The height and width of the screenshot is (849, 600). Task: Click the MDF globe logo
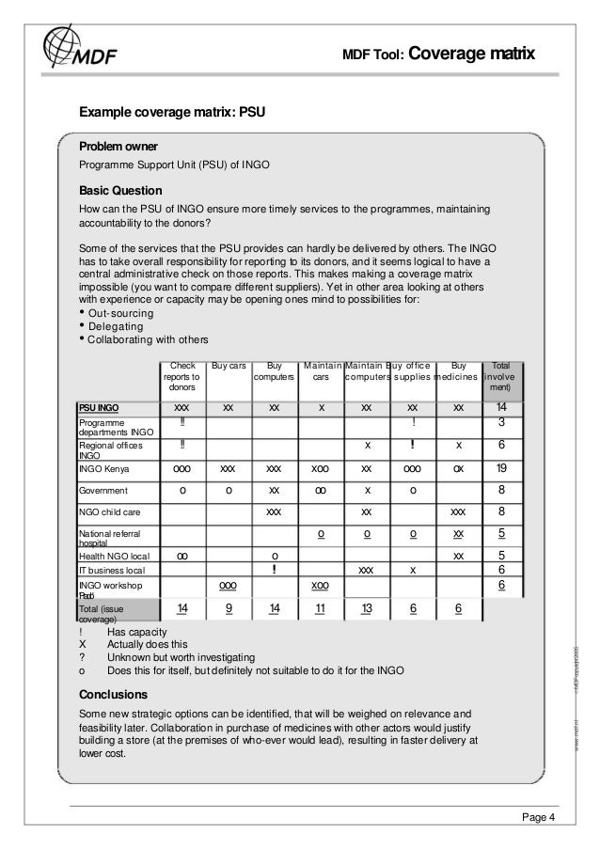71,47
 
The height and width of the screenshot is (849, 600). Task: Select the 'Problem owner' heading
118,148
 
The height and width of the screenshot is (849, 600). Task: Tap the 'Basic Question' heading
119,189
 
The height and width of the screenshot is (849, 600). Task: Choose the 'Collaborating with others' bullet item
148,339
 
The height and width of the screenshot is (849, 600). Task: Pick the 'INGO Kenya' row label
104,468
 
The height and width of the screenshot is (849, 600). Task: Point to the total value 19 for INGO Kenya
501,467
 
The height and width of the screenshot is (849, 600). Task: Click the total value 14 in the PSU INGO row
501,407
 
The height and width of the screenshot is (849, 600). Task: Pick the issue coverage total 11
321,609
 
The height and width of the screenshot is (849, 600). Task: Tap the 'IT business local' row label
112,570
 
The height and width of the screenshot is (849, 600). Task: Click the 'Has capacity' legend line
137,631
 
